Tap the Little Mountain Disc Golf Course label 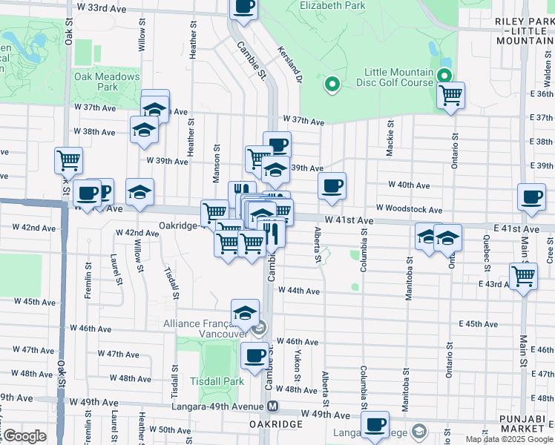[398, 77]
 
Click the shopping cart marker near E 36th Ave [450, 96]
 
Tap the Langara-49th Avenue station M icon [273, 406]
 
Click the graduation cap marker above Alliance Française [245, 312]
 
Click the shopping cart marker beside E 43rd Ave [524, 276]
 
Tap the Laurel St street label [116, 270]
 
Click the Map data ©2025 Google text [508, 439]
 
